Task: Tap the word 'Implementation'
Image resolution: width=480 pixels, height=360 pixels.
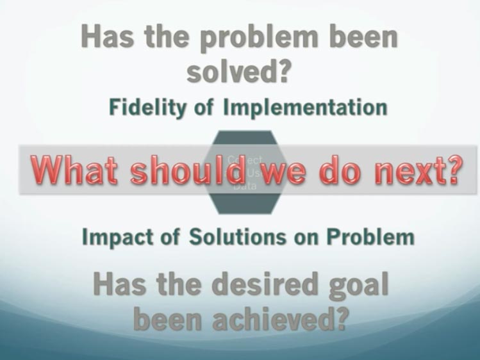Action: [x=305, y=107]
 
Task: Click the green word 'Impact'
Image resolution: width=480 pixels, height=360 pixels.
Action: [x=119, y=237]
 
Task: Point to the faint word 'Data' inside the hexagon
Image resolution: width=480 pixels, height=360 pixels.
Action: [x=244, y=188]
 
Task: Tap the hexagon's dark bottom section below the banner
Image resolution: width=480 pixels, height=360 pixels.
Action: [x=244, y=204]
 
